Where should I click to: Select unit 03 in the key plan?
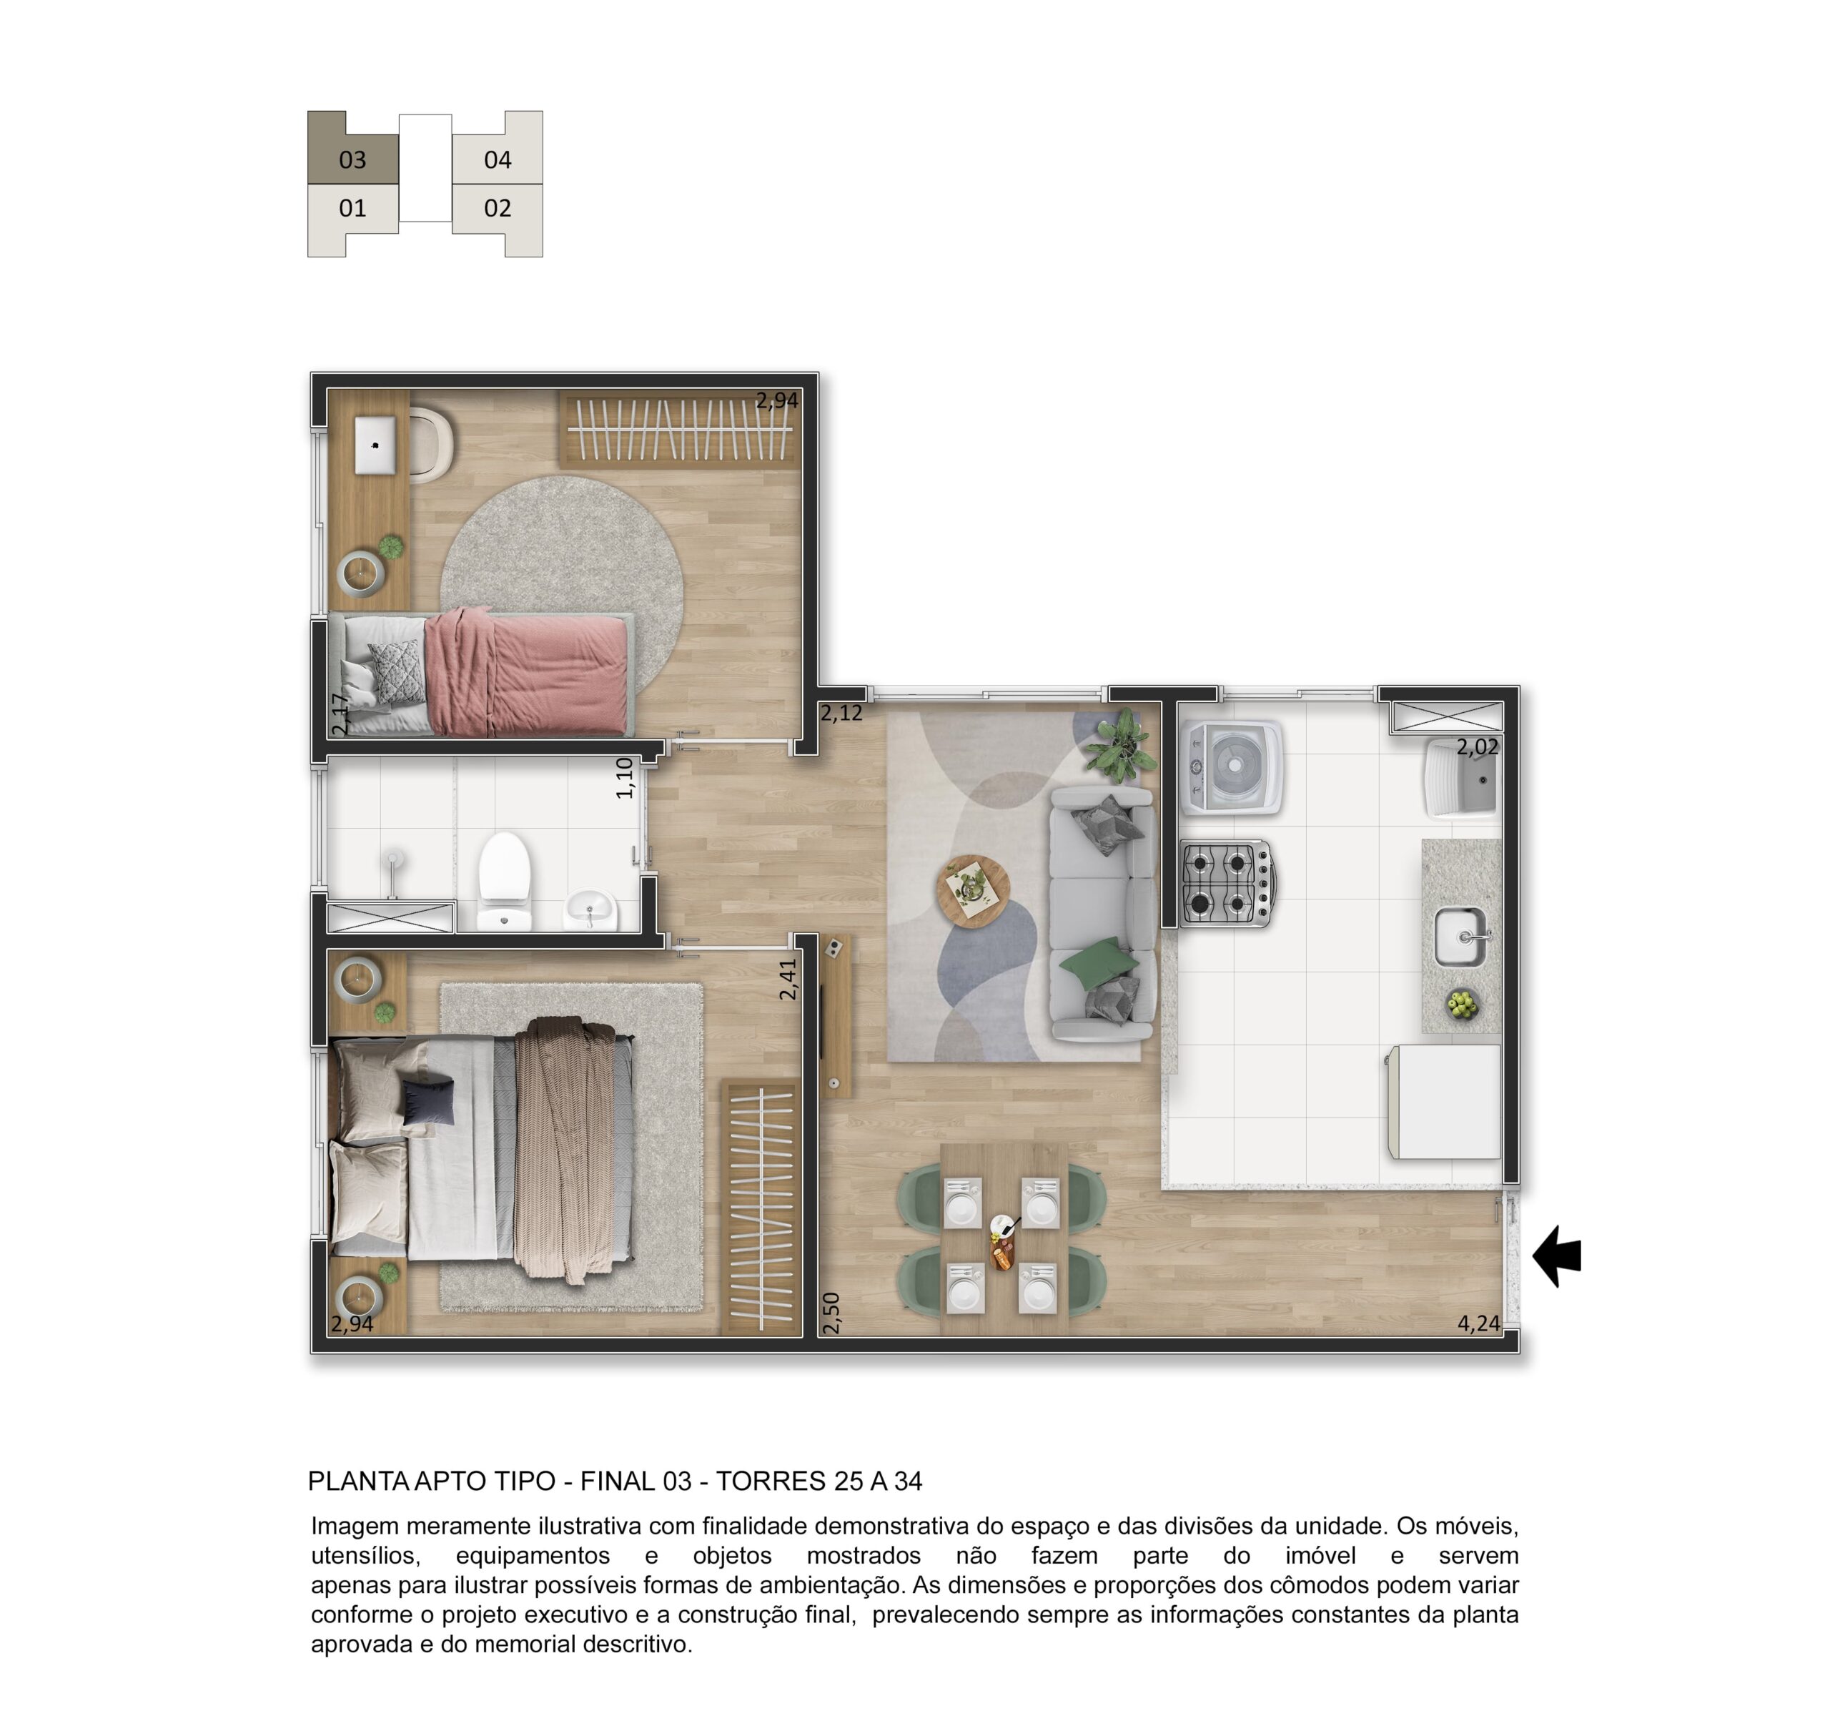point(352,159)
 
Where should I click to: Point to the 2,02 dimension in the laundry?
point(1478,747)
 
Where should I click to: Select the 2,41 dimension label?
point(788,980)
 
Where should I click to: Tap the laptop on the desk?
point(375,445)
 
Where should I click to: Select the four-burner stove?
point(1228,884)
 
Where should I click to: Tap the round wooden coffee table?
point(973,892)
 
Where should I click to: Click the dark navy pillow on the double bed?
point(428,1102)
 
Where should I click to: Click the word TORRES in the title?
point(771,1481)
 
